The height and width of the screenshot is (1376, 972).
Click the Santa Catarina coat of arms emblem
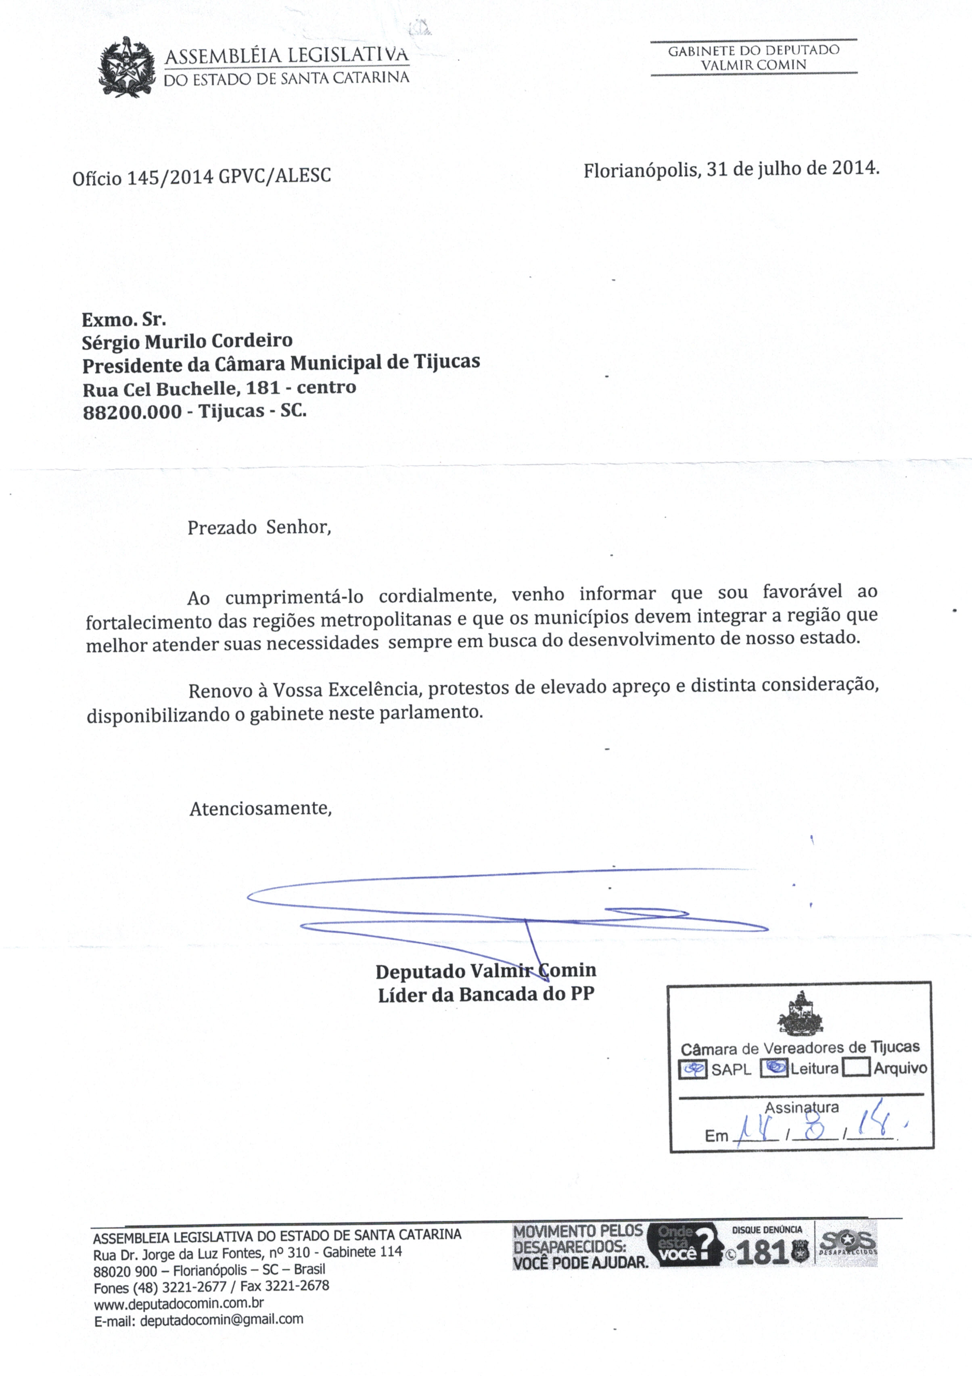(x=127, y=67)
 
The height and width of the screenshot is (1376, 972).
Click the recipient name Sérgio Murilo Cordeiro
(x=187, y=341)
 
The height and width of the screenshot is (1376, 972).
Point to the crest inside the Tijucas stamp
(x=800, y=1013)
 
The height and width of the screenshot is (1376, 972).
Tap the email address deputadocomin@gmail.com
(x=221, y=1319)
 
